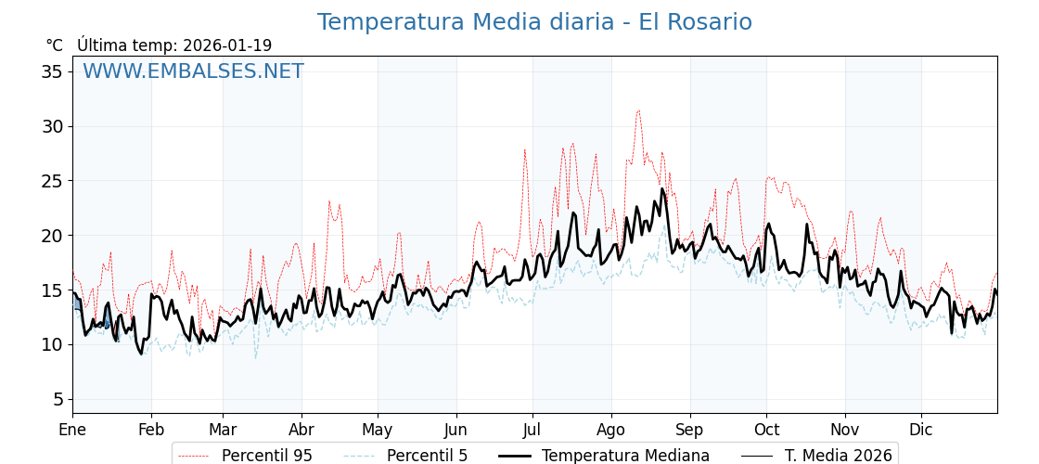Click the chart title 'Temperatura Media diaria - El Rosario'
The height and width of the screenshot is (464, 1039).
point(534,22)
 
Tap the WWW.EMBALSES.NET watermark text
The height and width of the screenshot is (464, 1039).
point(193,71)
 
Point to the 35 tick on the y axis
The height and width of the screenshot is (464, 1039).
point(52,71)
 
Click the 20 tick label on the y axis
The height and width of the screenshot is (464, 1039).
point(52,236)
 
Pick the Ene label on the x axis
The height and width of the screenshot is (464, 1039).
point(72,431)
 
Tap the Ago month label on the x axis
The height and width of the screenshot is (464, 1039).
point(611,431)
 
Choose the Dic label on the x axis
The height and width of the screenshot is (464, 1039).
point(921,431)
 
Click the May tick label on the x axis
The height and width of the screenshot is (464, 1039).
point(378,431)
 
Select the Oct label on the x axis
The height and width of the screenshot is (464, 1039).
point(766,431)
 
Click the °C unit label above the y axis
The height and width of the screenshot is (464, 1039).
point(54,45)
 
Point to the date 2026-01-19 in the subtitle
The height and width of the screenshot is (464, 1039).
point(227,45)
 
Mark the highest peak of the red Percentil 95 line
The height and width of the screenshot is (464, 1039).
point(638,110)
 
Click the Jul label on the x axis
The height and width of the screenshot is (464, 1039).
point(532,431)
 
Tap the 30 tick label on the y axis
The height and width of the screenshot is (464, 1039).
point(52,126)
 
